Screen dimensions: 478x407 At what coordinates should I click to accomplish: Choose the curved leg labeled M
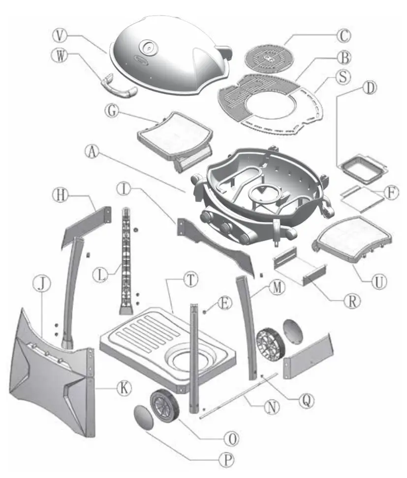click(x=248, y=324)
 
